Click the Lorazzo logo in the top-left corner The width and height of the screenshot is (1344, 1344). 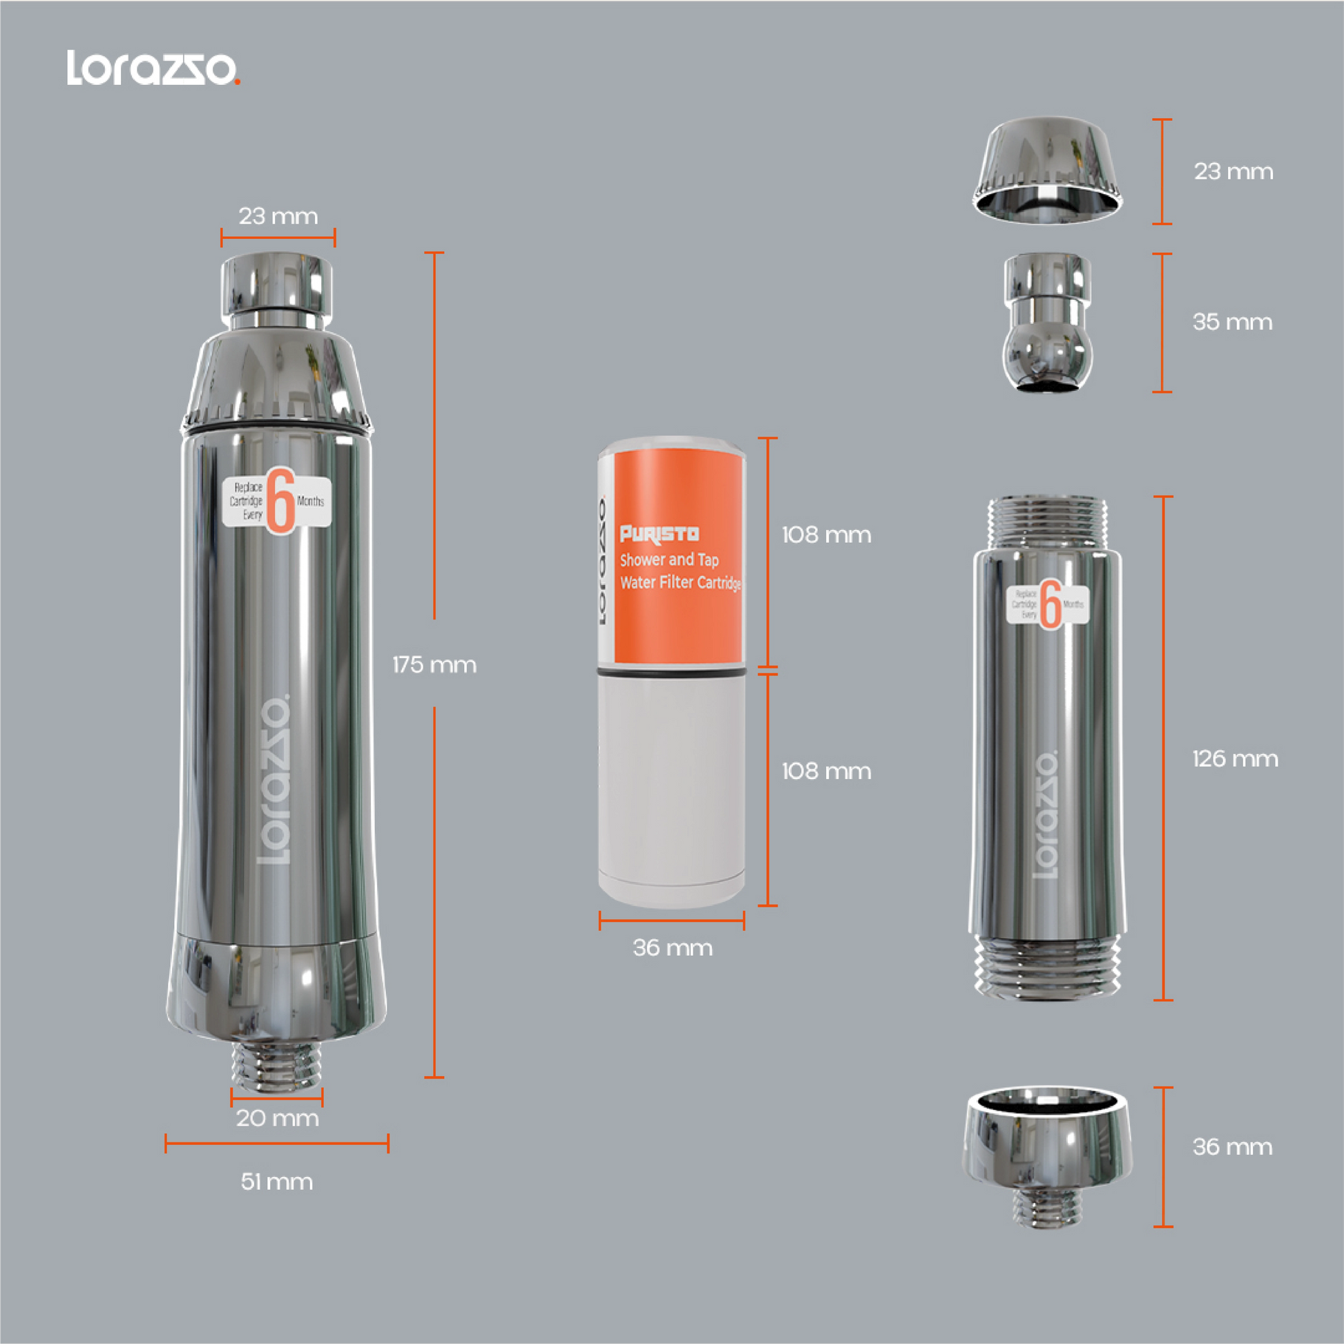click(x=153, y=68)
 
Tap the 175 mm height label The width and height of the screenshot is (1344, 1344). click(x=434, y=664)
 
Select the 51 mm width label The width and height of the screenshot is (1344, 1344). click(x=276, y=1181)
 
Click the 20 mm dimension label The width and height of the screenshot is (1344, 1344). click(x=277, y=1118)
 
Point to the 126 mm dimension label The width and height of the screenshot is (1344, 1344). click(x=1235, y=758)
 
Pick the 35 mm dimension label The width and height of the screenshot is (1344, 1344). click(x=1232, y=322)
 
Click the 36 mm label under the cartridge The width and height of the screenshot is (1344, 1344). click(x=672, y=948)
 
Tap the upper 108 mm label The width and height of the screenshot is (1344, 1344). click(x=826, y=535)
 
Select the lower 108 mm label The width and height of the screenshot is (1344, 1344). click(x=826, y=771)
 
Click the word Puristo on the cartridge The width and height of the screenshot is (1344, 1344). click(x=659, y=534)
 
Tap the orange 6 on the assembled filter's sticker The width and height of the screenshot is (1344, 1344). click(x=281, y=501)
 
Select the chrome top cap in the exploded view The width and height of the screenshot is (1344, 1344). click(x=1047, y=171)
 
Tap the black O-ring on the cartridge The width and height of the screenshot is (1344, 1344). click(x=671, y=673)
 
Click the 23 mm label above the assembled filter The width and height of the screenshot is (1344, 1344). click(x=278, y=216)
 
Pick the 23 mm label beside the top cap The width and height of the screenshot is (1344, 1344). click(x=1233, y=172)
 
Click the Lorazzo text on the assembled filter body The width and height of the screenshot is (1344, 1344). click(x=274, y=779)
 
